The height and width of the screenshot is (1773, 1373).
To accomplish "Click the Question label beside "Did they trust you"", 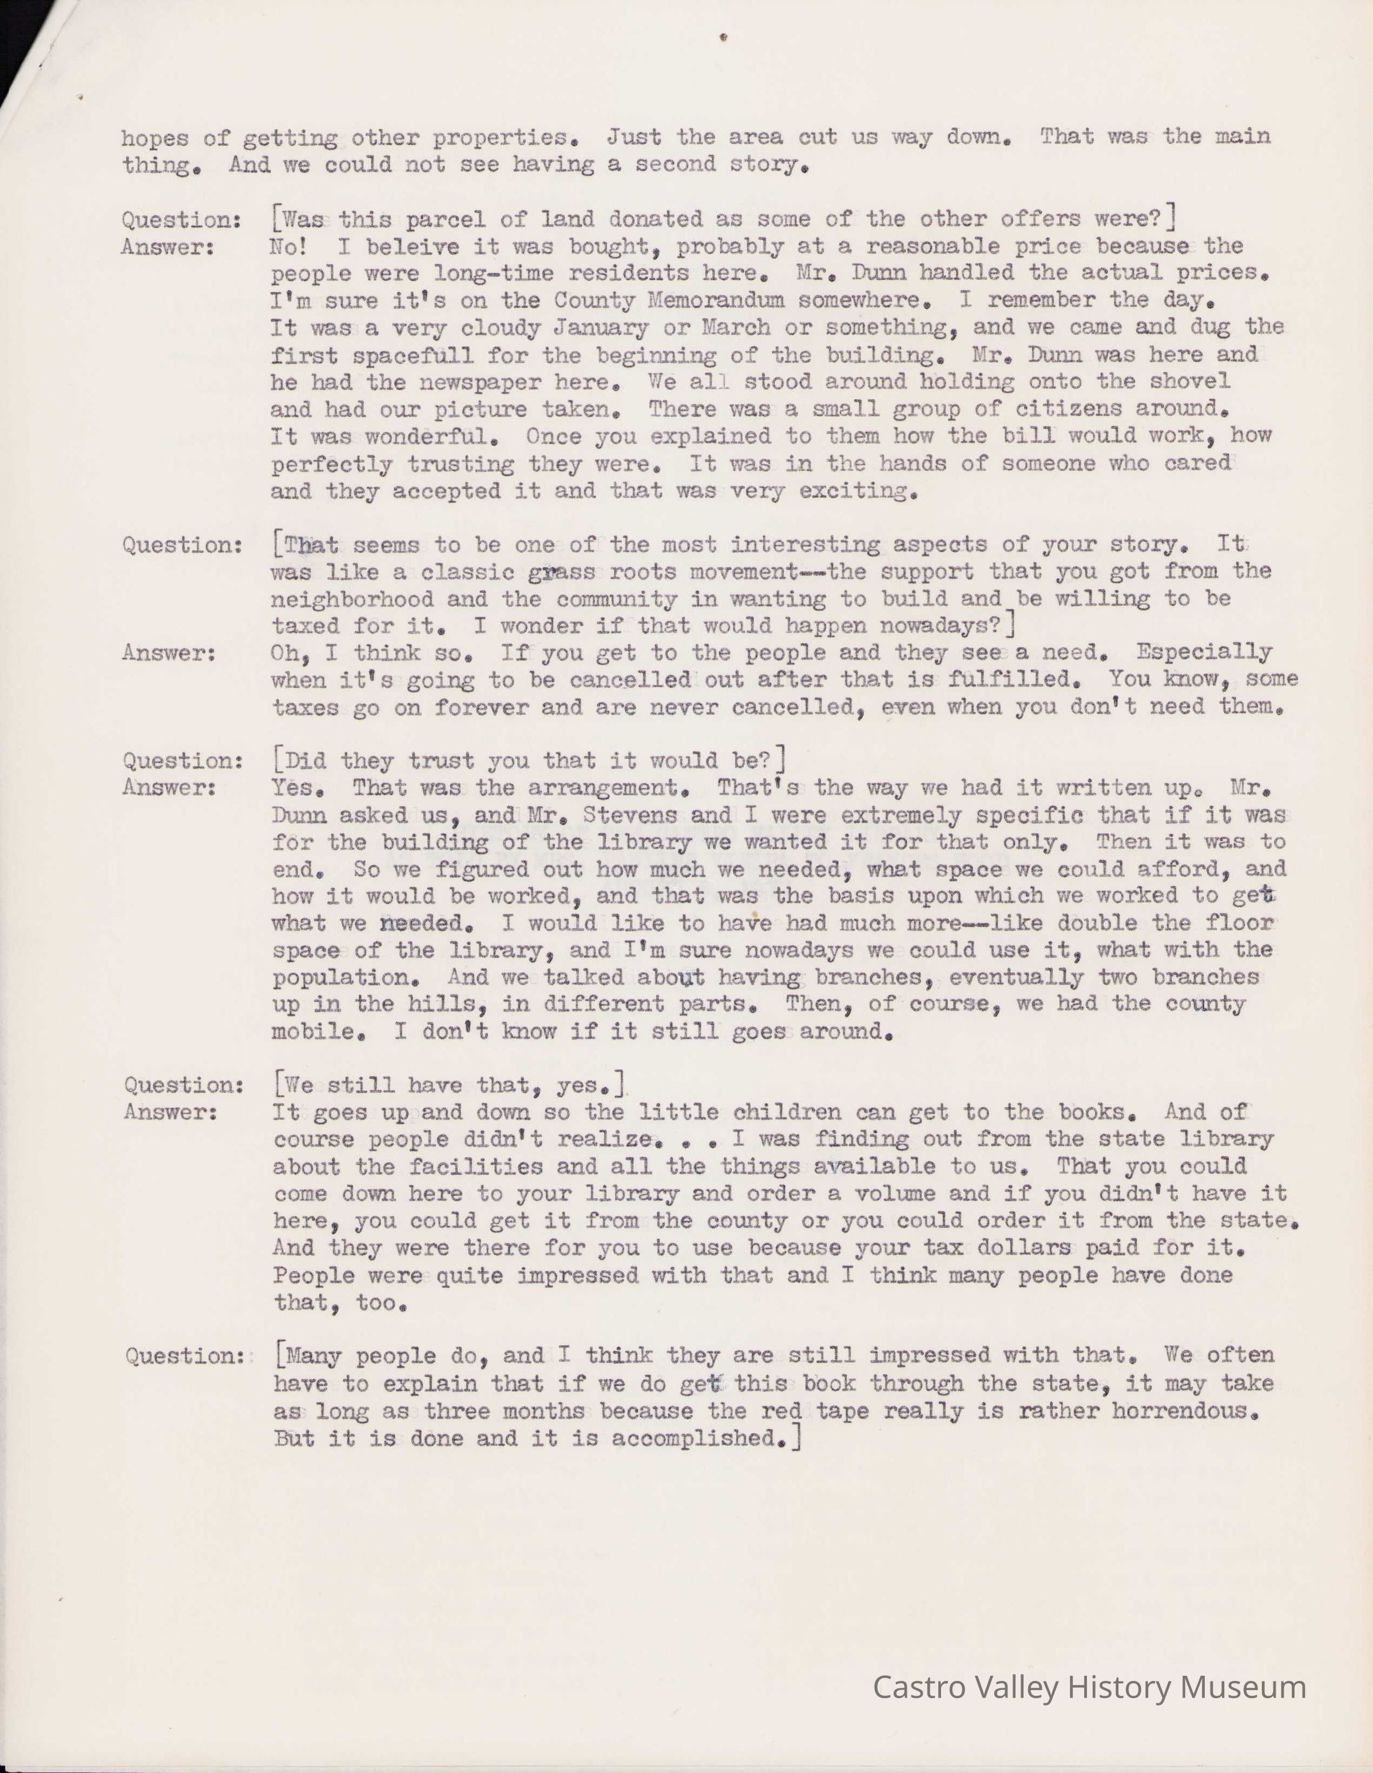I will pyautogui.click(x=182, y=761).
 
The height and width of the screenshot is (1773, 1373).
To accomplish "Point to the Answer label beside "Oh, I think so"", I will pyautogui.click(x=169, y=653).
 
